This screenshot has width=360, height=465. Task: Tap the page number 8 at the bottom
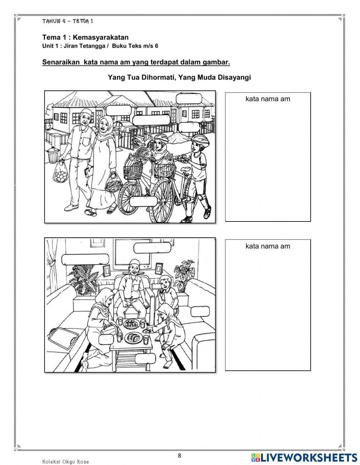pyautogui.click(x=180, y=455)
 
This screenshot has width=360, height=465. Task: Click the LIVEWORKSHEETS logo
pyautogui.click(x=304, y=457)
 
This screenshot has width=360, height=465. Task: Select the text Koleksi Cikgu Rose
pyautogui.click(x=65, y=462)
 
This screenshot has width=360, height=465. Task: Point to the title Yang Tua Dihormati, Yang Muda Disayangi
pyautogui.click(x=179, y=77)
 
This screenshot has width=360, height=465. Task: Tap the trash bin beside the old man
pyautogui.click(x=53, y=154)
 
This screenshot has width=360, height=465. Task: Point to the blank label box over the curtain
pyautogui.click(x=86, y=259)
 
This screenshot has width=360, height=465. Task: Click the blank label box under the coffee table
pyautogui.click(x=146, y=358)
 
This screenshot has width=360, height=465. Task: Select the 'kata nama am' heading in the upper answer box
pyautogui.click(x=267, y=99)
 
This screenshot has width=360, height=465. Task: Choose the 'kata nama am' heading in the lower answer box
pyautogui.click(x=267, y=246)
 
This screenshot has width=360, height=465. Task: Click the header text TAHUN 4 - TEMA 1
pyautogui.click(x=68, y=21)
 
